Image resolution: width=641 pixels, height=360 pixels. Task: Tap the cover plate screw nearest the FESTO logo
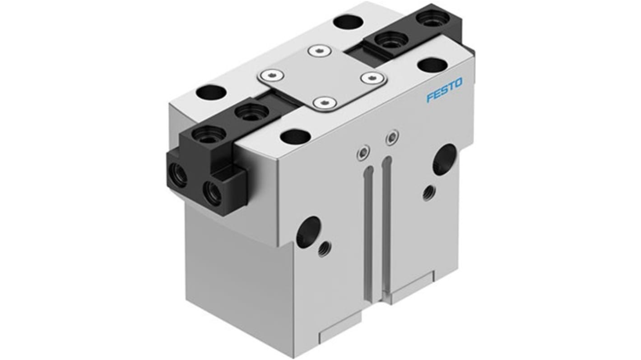click(x=372, y=77)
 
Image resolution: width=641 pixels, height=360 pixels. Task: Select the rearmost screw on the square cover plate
click(x=320, y=51)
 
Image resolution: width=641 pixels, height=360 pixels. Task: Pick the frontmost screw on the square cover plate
click(x=324, y=103)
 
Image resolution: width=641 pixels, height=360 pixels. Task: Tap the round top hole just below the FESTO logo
click(x=432, y=65)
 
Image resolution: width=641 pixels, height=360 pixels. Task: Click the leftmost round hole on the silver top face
click(x=211, y=92)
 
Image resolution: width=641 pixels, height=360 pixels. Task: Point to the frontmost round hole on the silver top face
click(x=295, y=137)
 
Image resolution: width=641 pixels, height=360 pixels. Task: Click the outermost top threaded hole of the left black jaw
click(x=209, y=134)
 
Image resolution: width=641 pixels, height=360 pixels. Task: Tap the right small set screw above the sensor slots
click(x=392, y=137)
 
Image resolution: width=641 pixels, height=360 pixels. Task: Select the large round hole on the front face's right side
click(x=445, y=159)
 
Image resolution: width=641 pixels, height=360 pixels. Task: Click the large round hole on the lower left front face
click(x=308, y=231)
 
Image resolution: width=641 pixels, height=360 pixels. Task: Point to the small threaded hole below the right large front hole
click(x=428, y=194)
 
